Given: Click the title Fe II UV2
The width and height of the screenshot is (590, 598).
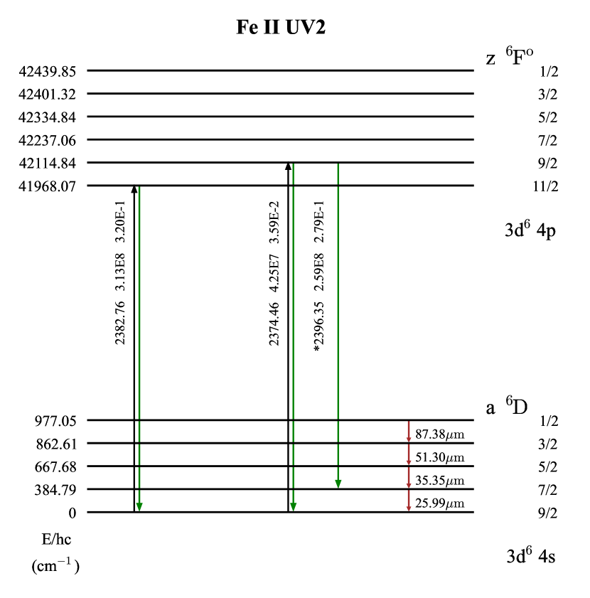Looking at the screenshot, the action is pos(281,27).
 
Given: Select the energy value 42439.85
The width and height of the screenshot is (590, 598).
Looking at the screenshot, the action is pos(48,71).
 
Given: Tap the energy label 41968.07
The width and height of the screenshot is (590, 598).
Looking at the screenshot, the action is pos(48,186).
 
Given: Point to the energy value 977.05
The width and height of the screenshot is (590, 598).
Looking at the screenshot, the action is pos(55,421).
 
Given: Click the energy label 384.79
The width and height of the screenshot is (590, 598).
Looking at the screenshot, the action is pos(55,490).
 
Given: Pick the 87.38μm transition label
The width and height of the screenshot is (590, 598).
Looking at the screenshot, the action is pos(440,434).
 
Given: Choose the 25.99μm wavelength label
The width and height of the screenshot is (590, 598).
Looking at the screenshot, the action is pos(440,503).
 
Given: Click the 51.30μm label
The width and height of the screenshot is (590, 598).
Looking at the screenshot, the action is pos(440,457).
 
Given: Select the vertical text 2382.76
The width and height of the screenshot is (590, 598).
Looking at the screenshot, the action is pos(120,323).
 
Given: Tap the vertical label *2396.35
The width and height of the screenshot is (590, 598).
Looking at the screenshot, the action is pos(319,326).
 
